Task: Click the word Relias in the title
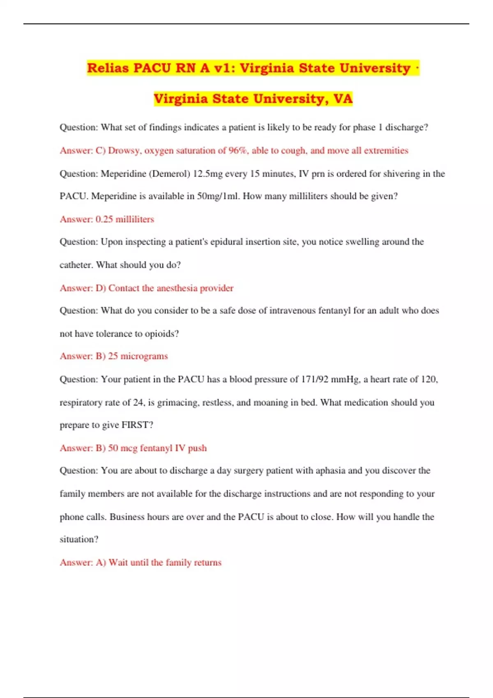108,68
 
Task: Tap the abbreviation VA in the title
343,99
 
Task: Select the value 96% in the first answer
238,150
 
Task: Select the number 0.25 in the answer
104,219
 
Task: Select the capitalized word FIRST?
137,425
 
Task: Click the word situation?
79,539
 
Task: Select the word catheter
76,265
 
